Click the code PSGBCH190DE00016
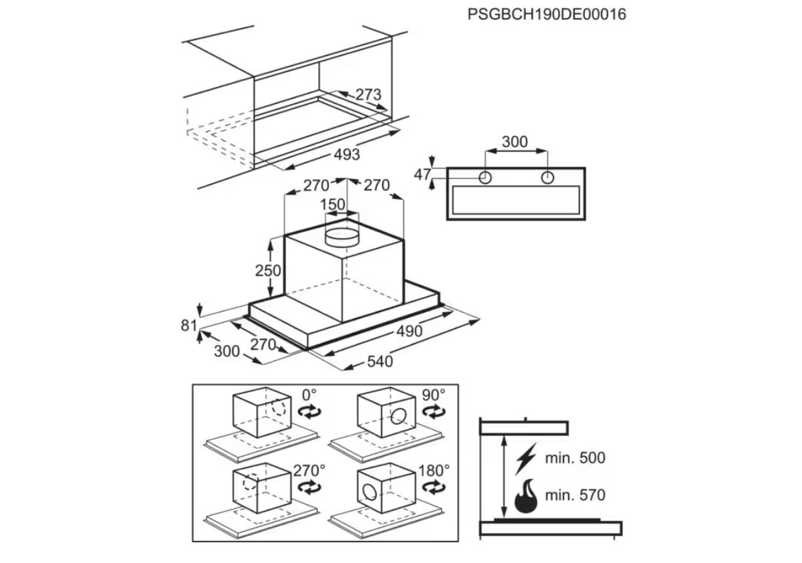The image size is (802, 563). [547, 14]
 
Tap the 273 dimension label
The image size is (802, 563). [368, 94]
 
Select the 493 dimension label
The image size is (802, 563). [347, 154]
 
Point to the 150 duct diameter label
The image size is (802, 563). [333, 205]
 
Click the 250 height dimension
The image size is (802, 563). [268, 270]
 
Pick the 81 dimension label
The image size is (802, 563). [189, 326]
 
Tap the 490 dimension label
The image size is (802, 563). [409, 331]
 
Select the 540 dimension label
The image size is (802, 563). [380, 361]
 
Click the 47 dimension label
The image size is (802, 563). [422, 175]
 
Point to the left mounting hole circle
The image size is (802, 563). [485, 177]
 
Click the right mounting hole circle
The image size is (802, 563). [547, 177]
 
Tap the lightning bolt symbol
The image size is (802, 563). [526, 459]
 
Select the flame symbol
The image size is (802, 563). [526, 495]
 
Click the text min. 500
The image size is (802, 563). [575, 458]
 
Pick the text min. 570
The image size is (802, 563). [575, 495]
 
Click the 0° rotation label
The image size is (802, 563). [309, 395]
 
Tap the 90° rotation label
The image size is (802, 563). [434, 395]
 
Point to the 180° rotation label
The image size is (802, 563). [434, 471]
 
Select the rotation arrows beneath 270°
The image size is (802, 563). [309, 487]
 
